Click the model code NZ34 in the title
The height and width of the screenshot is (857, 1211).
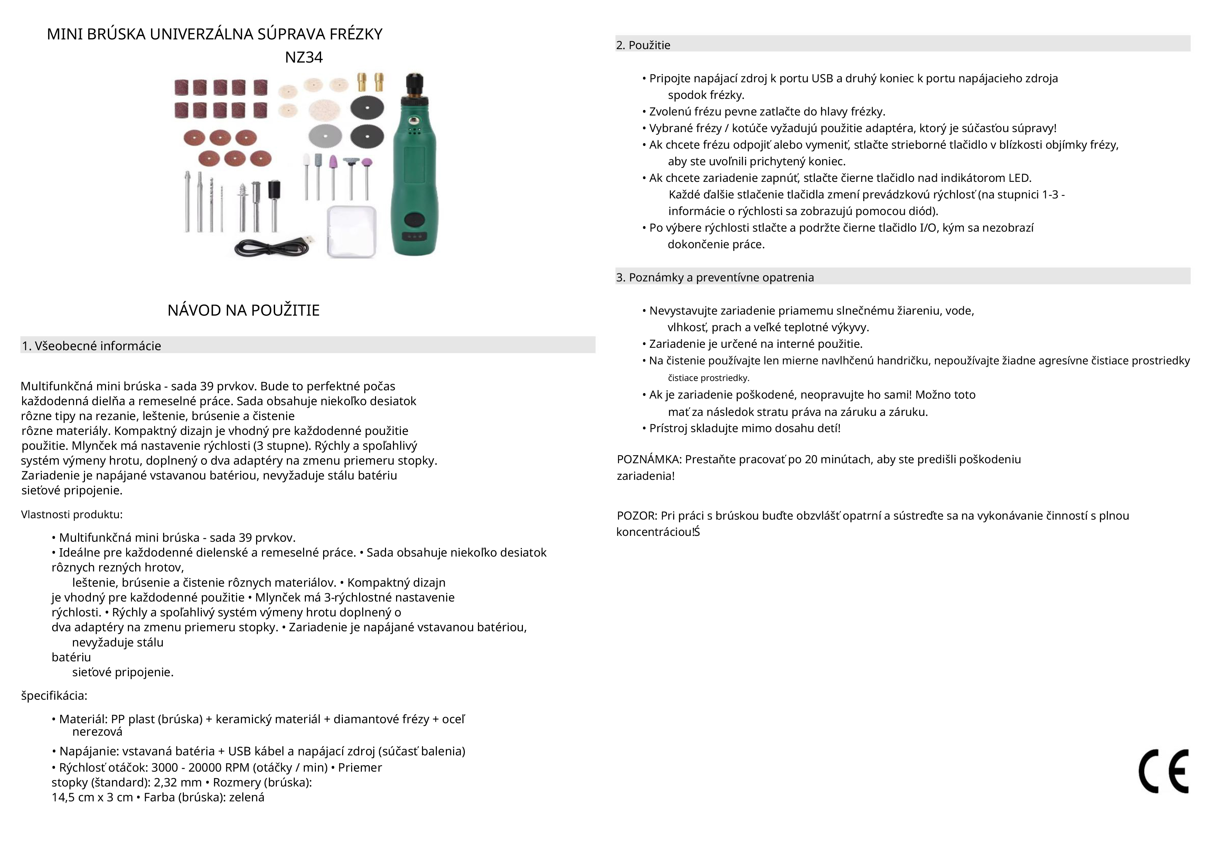click(303, 57)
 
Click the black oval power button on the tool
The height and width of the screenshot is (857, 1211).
click(414, 217)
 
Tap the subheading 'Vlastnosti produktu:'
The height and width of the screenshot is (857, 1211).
click(72, 514)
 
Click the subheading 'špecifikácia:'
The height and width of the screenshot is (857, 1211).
click(54, 696)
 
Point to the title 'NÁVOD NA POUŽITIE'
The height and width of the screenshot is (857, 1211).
click(244, 310)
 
